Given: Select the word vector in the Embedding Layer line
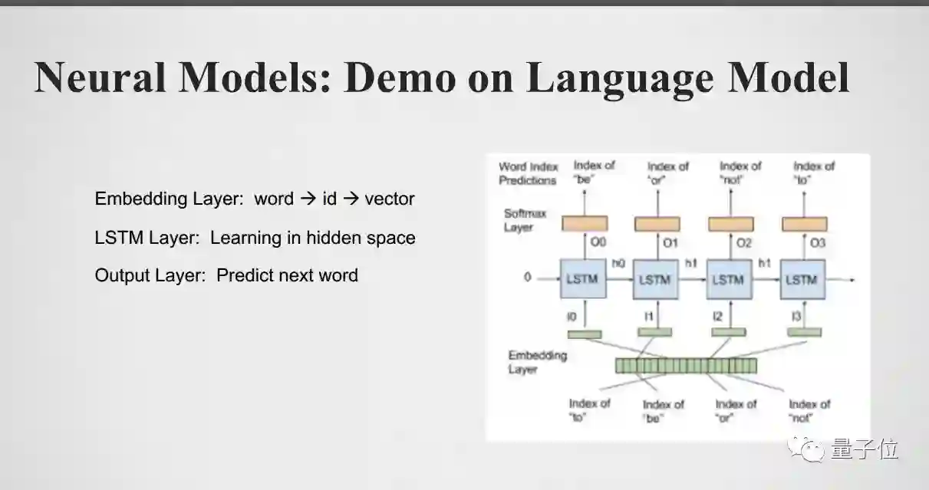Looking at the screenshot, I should (390, 199).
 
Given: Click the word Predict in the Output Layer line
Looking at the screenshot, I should (245, 275).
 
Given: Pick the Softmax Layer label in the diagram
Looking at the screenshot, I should (519, 220).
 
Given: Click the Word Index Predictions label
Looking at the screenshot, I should (528, 173).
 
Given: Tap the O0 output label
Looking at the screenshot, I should (598, 243).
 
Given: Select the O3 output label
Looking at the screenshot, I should (818, 243).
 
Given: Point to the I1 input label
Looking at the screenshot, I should (647, 316).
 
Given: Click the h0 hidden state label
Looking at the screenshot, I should (618, 263).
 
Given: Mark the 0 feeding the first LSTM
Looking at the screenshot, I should (528, 278).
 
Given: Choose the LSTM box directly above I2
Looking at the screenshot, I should (728, 279).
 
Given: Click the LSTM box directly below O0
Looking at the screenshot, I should (581, 279).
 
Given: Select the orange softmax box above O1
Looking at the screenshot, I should (657, 223).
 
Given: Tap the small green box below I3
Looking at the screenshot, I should (803, 333).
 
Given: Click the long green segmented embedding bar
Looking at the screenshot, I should (685, 366).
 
